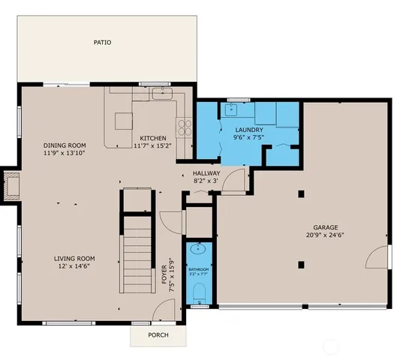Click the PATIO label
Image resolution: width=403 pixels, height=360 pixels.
(x=102, y=43)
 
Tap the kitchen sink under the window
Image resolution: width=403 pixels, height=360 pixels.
(x=162, y=94)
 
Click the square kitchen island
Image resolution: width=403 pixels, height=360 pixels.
(x=123, y=121)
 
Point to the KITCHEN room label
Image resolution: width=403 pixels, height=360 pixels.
(x=153, y=138)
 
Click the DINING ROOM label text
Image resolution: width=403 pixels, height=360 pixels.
(x=65, y=145)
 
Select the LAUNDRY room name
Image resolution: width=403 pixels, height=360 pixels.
(x=248, y=130)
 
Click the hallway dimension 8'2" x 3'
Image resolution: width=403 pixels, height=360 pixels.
(x=206, y=181)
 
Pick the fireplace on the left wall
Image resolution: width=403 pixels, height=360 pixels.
(x=11, y=185)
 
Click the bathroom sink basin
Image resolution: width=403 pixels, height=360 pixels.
(x=199, y=250)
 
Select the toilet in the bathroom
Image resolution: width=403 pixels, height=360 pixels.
(x=199, y=301)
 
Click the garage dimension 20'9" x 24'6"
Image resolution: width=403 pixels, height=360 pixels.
(x=326, y=235)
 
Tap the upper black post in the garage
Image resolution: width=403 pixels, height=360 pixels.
(x=301, y=194)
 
